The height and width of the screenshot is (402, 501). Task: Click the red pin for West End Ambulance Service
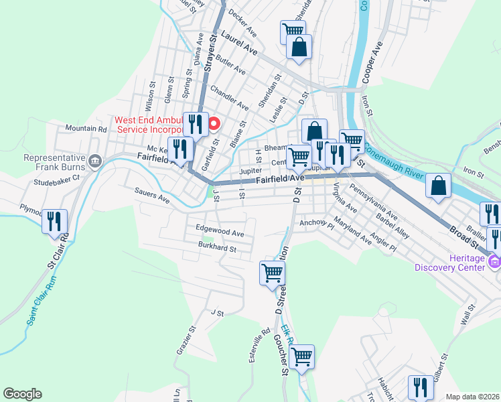click(x=214, y=123)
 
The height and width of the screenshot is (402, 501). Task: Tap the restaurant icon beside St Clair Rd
click(x=55, y=220)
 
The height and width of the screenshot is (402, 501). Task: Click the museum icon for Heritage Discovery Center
click(x=494, y=261)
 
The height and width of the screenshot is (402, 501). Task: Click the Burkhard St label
click(x=218, y=248)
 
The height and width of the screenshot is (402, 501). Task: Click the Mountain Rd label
click(x=86, y=129)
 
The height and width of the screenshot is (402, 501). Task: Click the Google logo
click(x=22, y=394)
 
